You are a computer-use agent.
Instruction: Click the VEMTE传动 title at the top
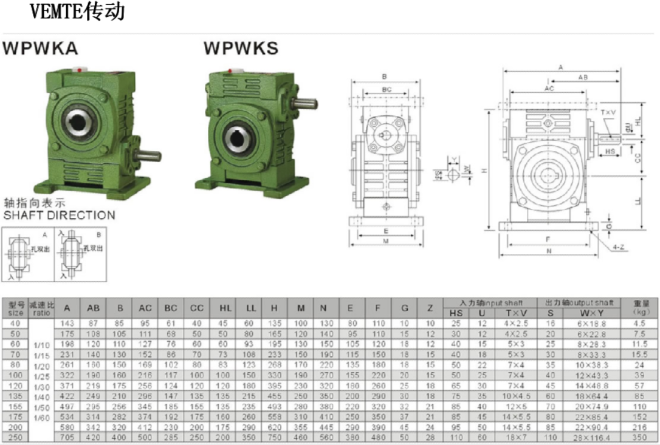[x=77, y=12]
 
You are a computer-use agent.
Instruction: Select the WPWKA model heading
[x=40, y=49]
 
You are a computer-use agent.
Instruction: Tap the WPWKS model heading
[x=241, y=49]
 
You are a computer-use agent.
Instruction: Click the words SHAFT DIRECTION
[x=59, y=215]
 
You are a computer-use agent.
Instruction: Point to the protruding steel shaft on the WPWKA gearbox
[x=149, y=156]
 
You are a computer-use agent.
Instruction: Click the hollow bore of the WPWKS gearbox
[x=236, y=138]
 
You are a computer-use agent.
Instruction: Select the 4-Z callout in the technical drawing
[x=619, y=248]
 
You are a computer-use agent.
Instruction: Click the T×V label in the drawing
[x=608, y=113]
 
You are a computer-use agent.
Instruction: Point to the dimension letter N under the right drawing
[x=549, y=250]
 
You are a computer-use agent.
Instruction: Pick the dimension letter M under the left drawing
[x=386, y=242]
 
